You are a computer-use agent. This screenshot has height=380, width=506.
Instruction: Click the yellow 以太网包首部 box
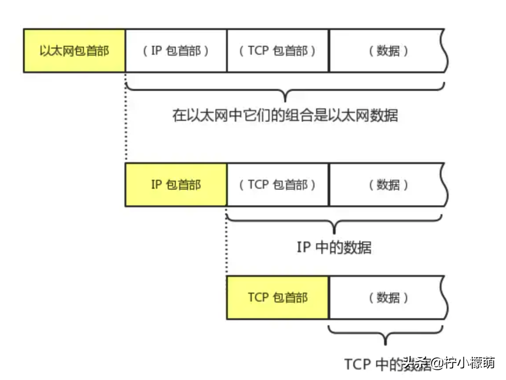[x=74, y=51]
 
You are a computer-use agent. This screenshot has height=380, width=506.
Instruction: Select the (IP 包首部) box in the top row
[x=176, y=51]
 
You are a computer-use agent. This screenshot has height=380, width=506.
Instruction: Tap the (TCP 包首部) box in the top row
[x=278, y=51]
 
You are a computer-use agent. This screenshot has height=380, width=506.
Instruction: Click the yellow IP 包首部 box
[x=176, y=184]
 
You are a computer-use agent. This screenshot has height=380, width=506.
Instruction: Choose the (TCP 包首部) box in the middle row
[x=278, y=184]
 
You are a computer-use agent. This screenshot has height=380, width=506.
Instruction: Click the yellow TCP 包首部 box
[x=278, y=297]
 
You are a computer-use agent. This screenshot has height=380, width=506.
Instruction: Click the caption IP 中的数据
[x=334, y=247]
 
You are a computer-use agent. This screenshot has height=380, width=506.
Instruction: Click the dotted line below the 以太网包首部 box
[x=126, y=117]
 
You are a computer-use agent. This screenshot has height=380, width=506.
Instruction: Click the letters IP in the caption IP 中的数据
[x=304, y=247]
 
